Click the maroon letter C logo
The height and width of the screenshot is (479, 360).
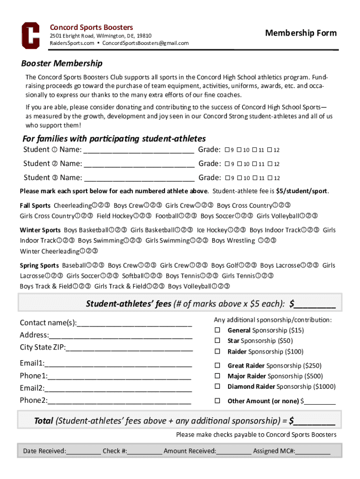point(30,35)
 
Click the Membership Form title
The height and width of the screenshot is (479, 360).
point(301,33)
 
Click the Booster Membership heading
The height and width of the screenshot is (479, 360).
point(62,63)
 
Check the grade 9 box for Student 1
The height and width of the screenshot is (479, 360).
point(227,150)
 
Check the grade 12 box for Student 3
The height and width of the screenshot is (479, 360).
point(270,178)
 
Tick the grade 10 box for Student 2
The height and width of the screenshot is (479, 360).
point(239,164)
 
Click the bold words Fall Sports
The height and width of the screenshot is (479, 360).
point(35,206)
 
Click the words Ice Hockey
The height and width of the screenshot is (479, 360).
point(212,230)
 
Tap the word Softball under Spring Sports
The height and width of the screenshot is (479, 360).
point(133,276)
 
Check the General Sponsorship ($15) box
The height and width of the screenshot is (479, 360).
point(217,330)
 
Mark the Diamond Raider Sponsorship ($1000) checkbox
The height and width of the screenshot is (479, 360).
point(217,387)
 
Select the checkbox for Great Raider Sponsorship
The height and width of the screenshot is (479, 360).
point(217,366)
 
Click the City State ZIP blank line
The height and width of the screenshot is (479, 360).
point(129,348)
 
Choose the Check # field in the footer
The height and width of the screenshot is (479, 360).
point(144,451)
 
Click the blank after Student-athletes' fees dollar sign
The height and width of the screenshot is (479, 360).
point(315,305)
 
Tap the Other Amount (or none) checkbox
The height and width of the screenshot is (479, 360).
point(217,401)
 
